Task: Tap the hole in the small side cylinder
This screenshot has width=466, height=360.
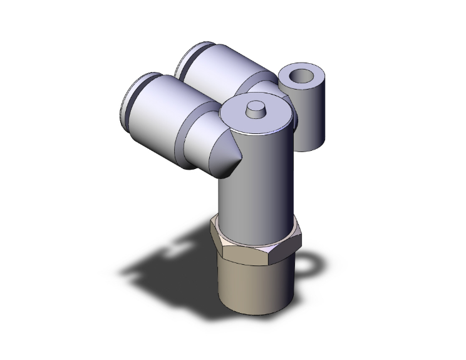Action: point(302,76)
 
